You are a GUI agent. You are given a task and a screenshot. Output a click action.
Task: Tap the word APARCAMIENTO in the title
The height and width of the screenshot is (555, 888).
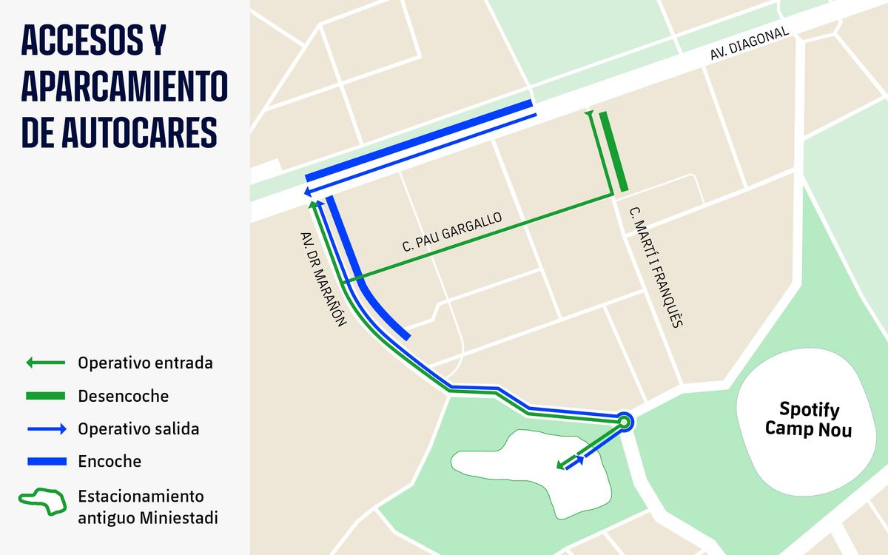coord(124,87)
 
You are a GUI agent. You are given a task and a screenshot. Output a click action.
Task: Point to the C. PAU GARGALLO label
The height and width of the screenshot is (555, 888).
coord(452,233)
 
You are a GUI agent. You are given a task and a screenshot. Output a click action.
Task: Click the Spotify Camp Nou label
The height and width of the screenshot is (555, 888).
coord(808,419)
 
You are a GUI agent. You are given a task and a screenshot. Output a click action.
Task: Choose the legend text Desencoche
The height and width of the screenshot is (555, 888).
coord(123,397)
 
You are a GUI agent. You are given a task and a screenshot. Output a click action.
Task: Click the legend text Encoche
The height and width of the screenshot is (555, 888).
coord(109,462)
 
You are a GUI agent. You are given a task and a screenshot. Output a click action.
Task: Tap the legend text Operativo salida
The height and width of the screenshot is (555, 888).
coord(138,428)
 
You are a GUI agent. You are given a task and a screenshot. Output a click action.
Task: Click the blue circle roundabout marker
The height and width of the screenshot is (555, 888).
coord(624,422)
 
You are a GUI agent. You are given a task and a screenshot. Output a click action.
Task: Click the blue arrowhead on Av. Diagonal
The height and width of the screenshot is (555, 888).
coord(307,193)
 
